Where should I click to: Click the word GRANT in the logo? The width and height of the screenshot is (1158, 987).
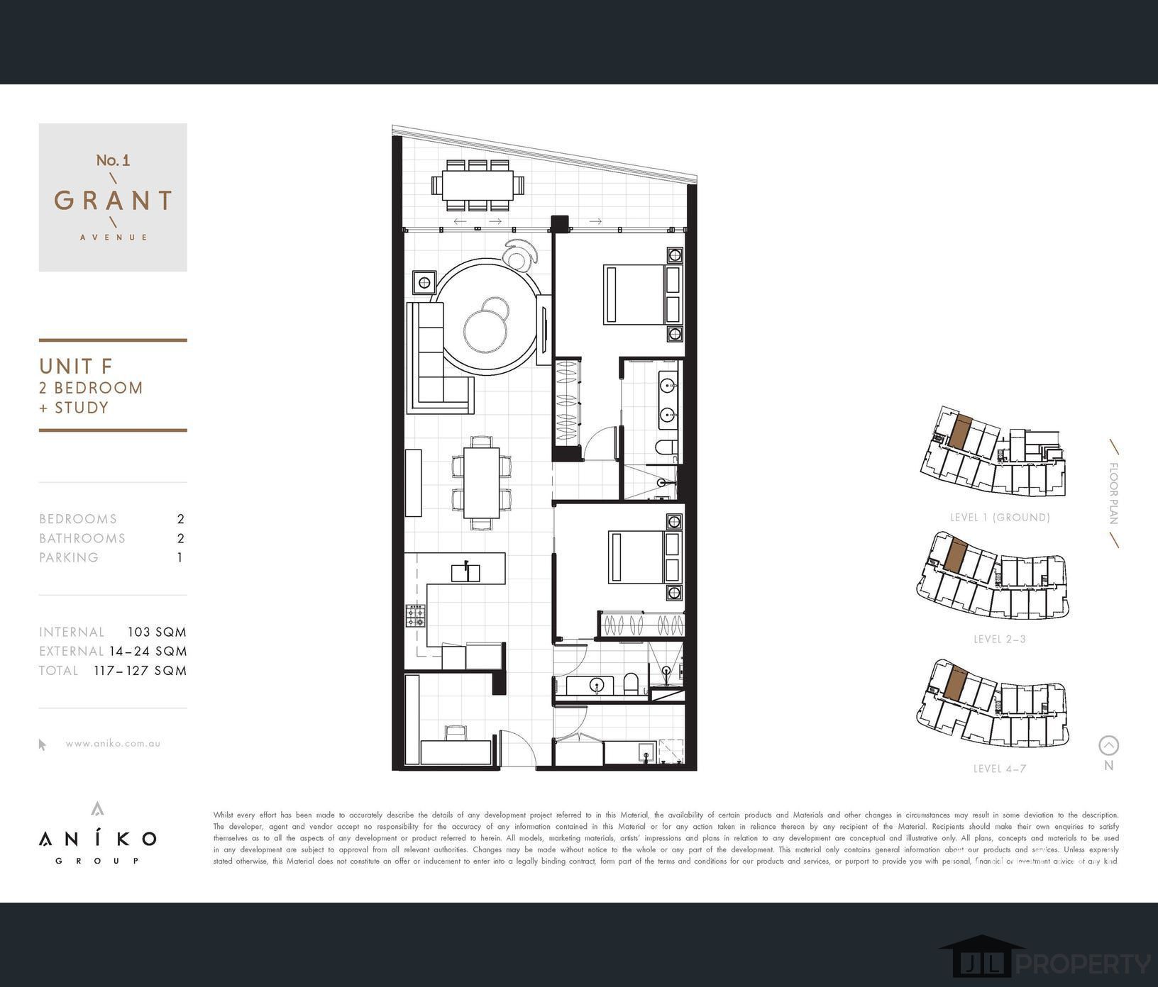tap(113, 201)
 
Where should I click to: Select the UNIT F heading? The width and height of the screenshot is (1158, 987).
tap(76, 367)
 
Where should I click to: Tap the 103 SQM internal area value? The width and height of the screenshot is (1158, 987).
tap(157, 632)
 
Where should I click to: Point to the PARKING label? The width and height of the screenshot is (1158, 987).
tap(69, 557)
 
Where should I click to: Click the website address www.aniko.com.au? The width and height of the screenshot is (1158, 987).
tap(113, 744)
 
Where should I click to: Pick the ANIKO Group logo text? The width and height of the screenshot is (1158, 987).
tap(98, 840)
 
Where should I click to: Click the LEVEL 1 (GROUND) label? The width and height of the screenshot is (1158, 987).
tap(999, 518)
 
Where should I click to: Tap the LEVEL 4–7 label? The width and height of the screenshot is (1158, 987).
tap(999, 769)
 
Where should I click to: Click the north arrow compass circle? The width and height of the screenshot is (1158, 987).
tap(1108, 745)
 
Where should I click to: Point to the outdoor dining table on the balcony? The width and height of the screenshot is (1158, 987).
tap(478, 186)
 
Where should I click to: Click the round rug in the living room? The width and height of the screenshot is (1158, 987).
tap(487, 317)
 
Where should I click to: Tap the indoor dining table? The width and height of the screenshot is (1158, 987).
tap(481, 483)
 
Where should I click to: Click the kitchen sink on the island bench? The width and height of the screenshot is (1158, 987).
tap(465, 571)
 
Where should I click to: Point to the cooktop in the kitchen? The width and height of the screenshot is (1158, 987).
tap(416, 615)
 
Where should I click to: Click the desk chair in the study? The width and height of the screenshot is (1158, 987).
tap(455, 733)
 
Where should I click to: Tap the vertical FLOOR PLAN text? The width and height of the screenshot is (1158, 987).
tap(1113, 493)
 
